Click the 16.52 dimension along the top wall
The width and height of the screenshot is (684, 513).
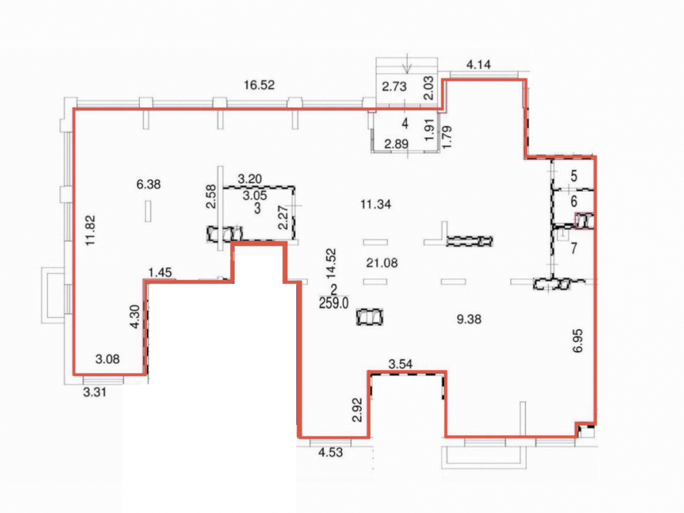tap(259, 85)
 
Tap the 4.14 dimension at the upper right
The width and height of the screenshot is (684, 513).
tap(479, 65)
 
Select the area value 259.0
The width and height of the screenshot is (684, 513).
tap(334, 303)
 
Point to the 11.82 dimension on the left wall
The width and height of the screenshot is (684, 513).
tap(91, 231)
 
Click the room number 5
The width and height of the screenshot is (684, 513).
tap(574, 176)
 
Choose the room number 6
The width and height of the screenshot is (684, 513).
tap(574, 201)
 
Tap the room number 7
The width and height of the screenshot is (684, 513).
tap(574, 248)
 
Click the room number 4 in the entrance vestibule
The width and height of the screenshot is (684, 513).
tap(405, 123)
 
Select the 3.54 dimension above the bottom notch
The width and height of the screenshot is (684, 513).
tap(400, 364)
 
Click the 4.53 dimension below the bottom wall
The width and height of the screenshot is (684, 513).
tap(330, 452)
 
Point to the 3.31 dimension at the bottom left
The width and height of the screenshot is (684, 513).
tap(94, 392)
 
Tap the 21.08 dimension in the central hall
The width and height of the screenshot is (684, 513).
tap(382, 263)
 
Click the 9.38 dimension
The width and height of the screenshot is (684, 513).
tap(469, 319)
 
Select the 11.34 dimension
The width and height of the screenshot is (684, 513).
tap(376, 204)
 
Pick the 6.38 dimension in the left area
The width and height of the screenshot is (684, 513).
tap(148, 184)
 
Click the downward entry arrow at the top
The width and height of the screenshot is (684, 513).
tap(407, 63)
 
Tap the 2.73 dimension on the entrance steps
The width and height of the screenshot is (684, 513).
tap(395, 86)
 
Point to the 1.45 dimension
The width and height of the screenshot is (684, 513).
tap(160, 273)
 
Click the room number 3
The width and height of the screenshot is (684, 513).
tap(257, 209)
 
